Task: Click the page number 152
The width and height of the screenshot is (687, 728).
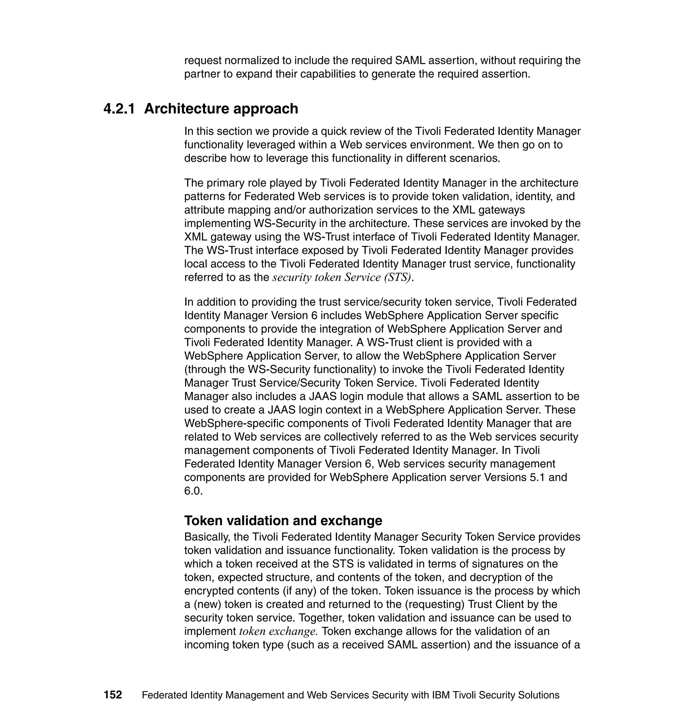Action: pos(112,695)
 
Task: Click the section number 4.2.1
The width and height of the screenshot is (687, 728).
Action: pos(119,109)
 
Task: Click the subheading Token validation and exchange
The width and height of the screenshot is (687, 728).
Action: pos(283,520)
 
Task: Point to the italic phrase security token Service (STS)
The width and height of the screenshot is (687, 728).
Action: pos(342,277)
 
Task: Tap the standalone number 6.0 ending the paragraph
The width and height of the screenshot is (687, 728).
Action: pos(193,491)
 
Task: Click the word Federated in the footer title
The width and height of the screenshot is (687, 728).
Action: pos(164,695)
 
